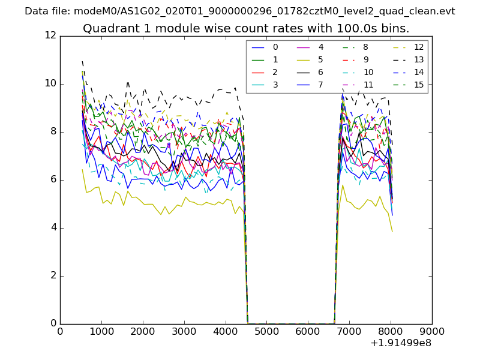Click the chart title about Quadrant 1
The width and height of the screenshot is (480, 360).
(246, 28)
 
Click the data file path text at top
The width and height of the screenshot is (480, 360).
(240, 11)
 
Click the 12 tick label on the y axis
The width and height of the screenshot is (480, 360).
(50, 35)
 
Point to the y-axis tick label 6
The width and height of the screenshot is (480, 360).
(53, 179)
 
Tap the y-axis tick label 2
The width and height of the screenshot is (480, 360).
(53, 275)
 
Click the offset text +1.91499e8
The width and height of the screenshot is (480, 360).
(401, 343)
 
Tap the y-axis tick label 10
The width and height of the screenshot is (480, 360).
(50, 83)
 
